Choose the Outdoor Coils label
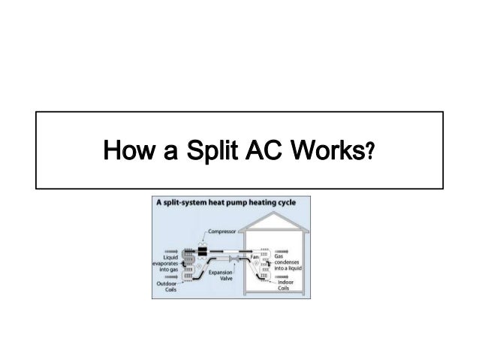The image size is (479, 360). click(167, 287)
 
